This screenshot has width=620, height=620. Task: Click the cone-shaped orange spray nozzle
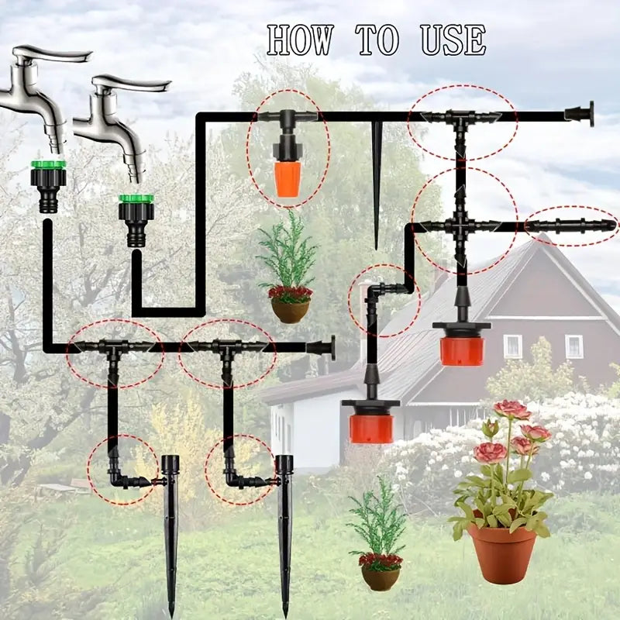click(x=288, y=177)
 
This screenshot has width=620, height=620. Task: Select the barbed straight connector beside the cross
click(x=572, y=226)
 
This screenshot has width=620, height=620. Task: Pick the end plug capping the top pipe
click(x=580, y=115)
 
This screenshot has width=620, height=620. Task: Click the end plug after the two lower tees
click(x=322, y=347)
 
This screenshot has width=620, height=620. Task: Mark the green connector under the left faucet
click(x=48, y=165)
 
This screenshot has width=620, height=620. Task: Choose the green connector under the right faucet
click(x=136, y=199)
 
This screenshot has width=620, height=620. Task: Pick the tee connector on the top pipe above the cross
click(x=460, y=119)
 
